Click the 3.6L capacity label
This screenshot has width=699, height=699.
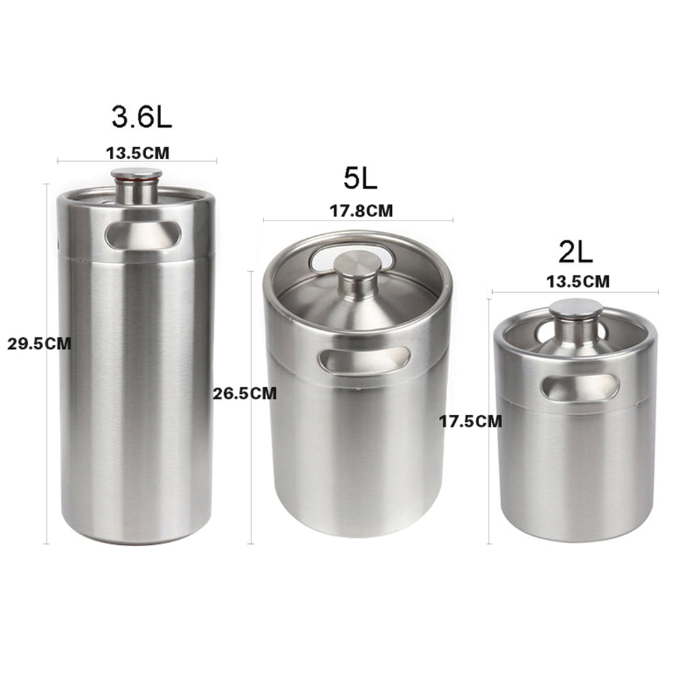pyautogui.click(x=142, y=117)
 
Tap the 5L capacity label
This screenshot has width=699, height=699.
pyautogui.click(x=360, y=178)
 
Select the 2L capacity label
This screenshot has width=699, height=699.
pyautogui.click(x=576, y=253)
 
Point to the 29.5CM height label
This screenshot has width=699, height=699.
pyautogui.click(x=39, y=344)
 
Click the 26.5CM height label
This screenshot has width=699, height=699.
pyautogui.click(x=244, y=393)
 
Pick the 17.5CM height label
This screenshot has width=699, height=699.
pyautogui.click(x=471, y=421)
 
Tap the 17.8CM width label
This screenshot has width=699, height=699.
pyautogui.click(x=361, y=210)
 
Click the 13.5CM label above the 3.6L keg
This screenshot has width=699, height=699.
pyautogui.click(x=138, y=154)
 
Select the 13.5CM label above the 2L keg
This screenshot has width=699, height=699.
pyautogui.click(x=577, y=282)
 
